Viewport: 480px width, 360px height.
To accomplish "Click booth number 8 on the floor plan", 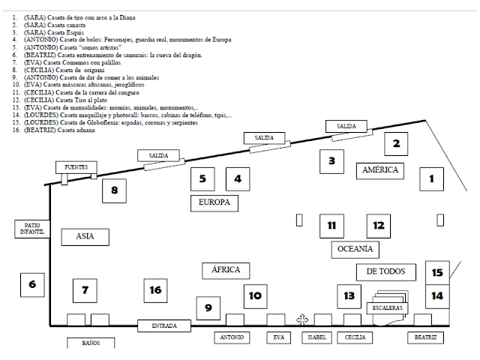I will tap(114, 190).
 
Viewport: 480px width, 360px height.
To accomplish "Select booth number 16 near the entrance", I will tap(155, 290).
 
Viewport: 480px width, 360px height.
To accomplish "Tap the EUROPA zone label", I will tap(214, 202).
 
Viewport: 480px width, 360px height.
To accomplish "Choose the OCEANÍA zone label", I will tap(354, 249).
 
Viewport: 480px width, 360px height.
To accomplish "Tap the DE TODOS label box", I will tap(385, 271).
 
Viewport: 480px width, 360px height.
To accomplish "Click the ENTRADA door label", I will tap(165, 325).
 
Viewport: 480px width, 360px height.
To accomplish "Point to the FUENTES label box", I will tap(76, 166).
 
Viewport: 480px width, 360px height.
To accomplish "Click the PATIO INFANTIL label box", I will tap(31, 229).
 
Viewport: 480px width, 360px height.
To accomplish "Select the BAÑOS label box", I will tap(91, 343).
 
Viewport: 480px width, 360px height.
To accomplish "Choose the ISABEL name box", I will tap(316, 337).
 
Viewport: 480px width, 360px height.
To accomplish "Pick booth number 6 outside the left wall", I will tap(32, 284).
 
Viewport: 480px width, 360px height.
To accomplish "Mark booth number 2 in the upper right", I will tap(397, 144).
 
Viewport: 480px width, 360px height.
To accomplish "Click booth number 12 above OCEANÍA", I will tap(378, 225).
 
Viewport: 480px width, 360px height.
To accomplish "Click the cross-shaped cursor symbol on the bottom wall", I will tap(301, 320).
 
